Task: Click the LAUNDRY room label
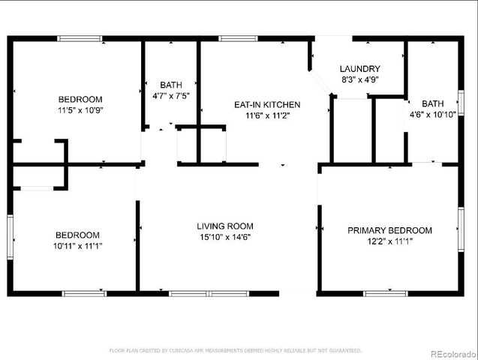coord(360,68)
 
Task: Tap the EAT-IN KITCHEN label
coord(267,104)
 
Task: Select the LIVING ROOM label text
coord(225,226)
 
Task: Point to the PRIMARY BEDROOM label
coord(389,230)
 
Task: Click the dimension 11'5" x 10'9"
coord(80,110)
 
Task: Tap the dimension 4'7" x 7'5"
coord(171,95)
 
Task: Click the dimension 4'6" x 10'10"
coord(432,115)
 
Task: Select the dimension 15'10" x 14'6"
coord(225,237)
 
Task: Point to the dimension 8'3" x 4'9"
coord(360,79)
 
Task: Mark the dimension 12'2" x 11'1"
coord(389,241)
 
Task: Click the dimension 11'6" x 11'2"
coord(267,115)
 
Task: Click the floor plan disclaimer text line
coord(236,350)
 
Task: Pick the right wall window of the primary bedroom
coord(460,229)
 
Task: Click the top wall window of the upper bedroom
coord(80,38)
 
